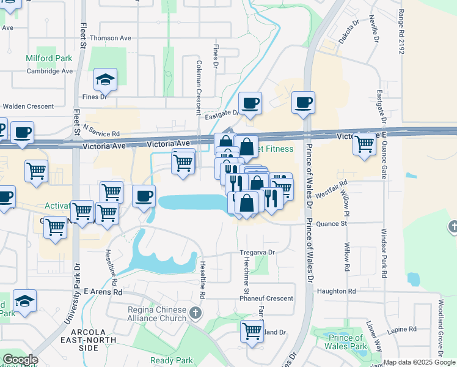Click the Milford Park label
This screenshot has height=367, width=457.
coord(49,59)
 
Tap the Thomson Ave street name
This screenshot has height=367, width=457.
coord(111,38)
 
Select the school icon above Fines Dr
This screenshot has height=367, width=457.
coord(105,79)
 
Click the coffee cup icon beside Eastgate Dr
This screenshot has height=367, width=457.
coord(249,103)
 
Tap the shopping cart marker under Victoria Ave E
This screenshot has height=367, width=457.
coord(364,145)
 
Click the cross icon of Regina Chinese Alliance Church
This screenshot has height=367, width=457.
coord(196,314)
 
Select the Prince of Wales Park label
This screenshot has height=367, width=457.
coord(346,342)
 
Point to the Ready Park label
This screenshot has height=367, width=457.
coord(172,360)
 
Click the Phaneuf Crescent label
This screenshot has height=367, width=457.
coord(266,298)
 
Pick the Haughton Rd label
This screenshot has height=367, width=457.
coord(336,291)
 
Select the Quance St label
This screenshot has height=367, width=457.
coord(331,223)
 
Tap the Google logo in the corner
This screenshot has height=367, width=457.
coord(20,360)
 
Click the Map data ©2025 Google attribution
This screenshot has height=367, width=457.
coord(419,362)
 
